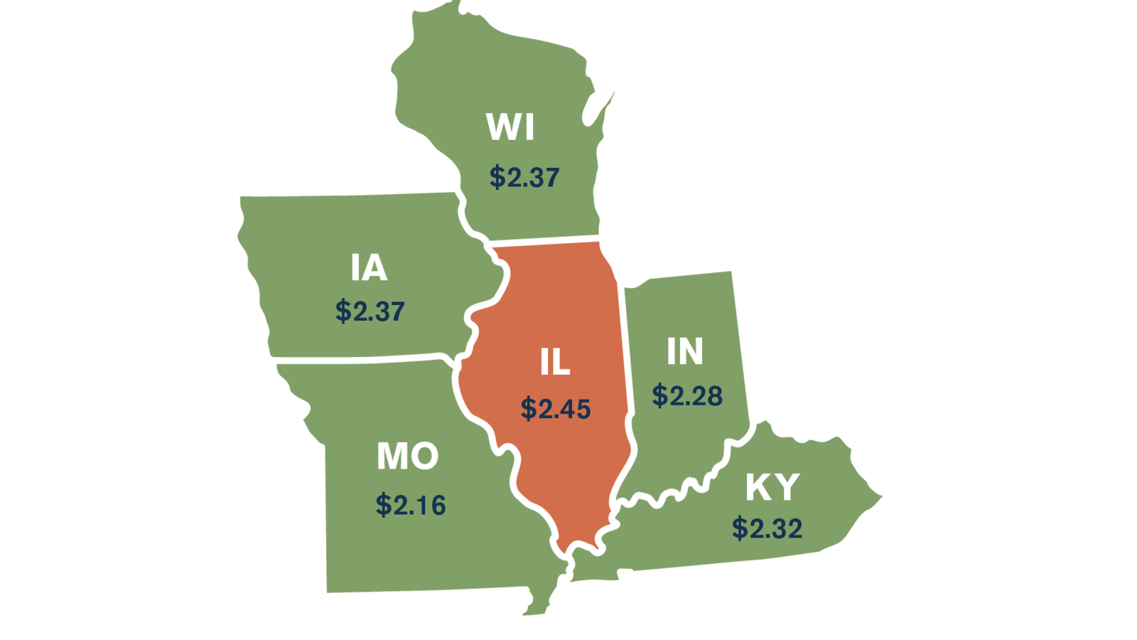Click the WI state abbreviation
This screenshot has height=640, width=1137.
click(510, 127)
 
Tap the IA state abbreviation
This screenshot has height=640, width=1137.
click(369, 268)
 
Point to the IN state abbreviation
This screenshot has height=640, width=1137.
click(685, 351)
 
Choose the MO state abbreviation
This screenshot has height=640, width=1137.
click(407, 456)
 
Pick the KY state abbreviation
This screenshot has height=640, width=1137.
click(772, 487)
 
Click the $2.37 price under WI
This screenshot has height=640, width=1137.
click(524, 177)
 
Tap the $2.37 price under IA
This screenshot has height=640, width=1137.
click(370, 311)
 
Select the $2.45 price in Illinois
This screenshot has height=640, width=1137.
click(556, 409)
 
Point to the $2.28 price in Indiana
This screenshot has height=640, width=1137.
click(687, 395)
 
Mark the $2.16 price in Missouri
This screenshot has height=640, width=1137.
click(411, 505)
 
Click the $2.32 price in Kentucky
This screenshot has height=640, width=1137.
click(767, 528)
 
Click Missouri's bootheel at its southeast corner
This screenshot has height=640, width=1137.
click(540, 601)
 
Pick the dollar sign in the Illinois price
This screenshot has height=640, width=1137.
click(528, 409)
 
